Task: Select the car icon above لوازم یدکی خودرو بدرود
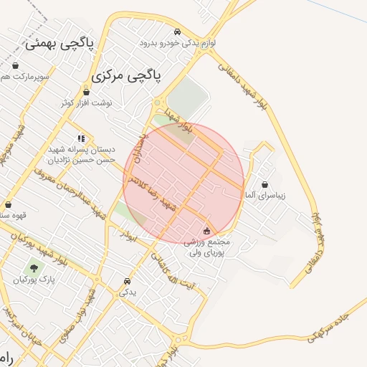click(177, 32)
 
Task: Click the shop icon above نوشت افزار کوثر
click(87, 92)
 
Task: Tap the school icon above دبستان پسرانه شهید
click(80, 138)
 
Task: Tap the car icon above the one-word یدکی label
click(127, 281)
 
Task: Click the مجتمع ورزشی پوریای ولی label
click(207, 248)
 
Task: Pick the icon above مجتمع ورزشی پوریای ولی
click(207, 231)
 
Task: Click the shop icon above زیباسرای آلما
click(265, 184)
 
